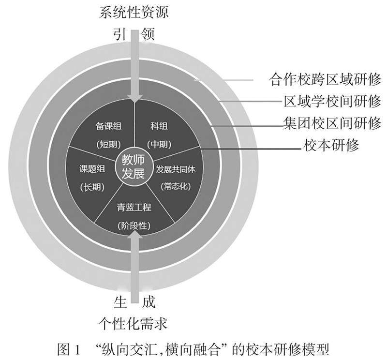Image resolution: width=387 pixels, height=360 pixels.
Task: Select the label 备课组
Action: click(108, 126)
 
